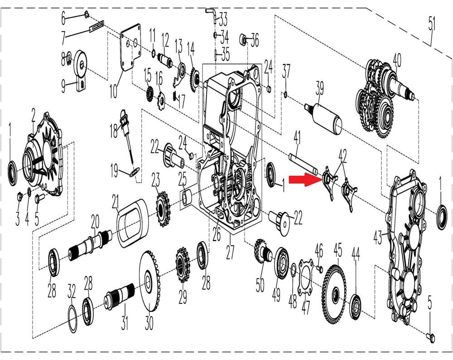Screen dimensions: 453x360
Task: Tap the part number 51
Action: (432, 24)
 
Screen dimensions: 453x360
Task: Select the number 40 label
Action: (397, 60)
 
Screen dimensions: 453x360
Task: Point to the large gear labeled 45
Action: (334, 292)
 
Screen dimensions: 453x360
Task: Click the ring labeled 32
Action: (72, 318)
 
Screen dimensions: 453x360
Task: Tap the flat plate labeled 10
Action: (130, 48)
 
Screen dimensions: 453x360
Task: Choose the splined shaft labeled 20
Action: (90, 243)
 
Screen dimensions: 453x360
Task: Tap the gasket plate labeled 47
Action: (306, 277)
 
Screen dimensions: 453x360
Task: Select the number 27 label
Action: (230, 251)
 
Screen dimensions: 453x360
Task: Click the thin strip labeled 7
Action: (96, 27)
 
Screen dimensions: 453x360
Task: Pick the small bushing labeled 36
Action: (243, 39)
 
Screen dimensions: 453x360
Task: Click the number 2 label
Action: (34, 116)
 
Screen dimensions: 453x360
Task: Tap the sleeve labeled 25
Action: (185, 196)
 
